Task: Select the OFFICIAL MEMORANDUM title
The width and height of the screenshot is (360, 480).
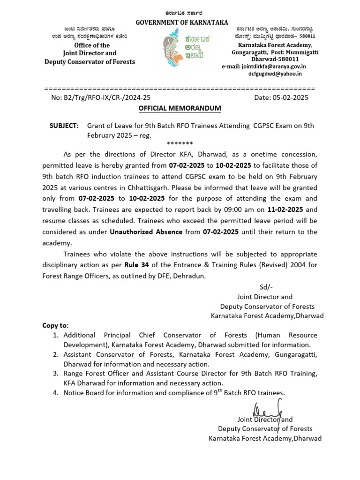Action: tap(180, 108)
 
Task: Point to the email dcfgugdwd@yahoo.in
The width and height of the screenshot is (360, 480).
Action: tap(275, 74)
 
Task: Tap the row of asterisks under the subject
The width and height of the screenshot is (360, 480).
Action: tap(180, 143)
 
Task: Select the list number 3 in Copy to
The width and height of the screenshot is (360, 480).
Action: tap(55, 373)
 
